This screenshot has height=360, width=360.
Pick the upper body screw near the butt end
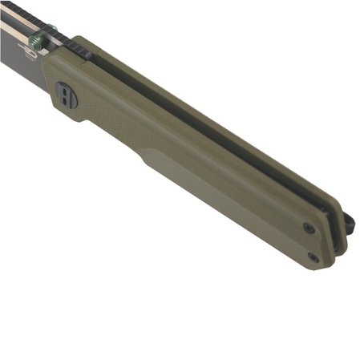coord(309,229)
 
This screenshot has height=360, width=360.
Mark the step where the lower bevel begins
coord(145,156)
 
